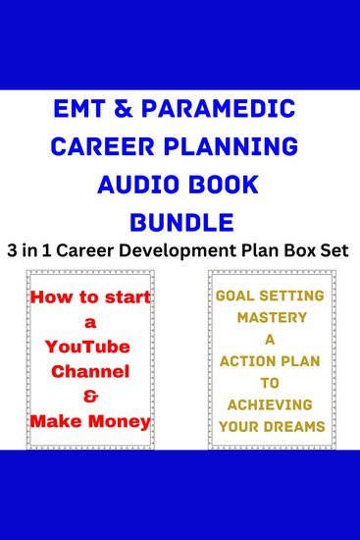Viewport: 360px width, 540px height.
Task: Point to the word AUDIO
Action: coord(145,183)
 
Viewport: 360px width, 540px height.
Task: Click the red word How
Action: coord(55,296)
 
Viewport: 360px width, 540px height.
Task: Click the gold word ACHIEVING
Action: coord(272,405)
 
